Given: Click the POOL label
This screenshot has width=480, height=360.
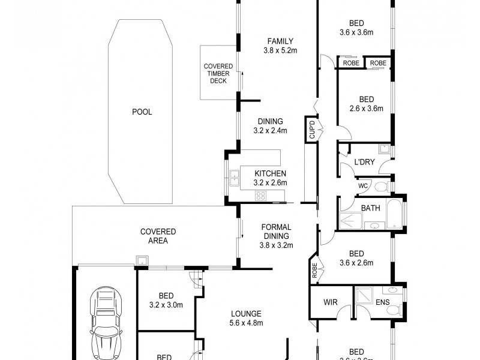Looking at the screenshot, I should [x=142, y=112].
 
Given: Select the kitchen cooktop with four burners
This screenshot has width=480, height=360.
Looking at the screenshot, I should [x=261, y=195].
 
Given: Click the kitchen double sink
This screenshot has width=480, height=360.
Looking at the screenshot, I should [x=233, y=178].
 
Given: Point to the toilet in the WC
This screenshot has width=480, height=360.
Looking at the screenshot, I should [x=380, y=187].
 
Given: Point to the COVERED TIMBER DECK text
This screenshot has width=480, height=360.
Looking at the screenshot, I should [x=218, y=73].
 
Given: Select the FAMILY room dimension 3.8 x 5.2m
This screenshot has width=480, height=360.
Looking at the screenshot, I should [x=280, y=51].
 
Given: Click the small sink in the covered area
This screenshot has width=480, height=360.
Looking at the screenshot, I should [x=142, y=260].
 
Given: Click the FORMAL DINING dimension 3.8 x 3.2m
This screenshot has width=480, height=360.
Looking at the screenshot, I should [x=276, y=245].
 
